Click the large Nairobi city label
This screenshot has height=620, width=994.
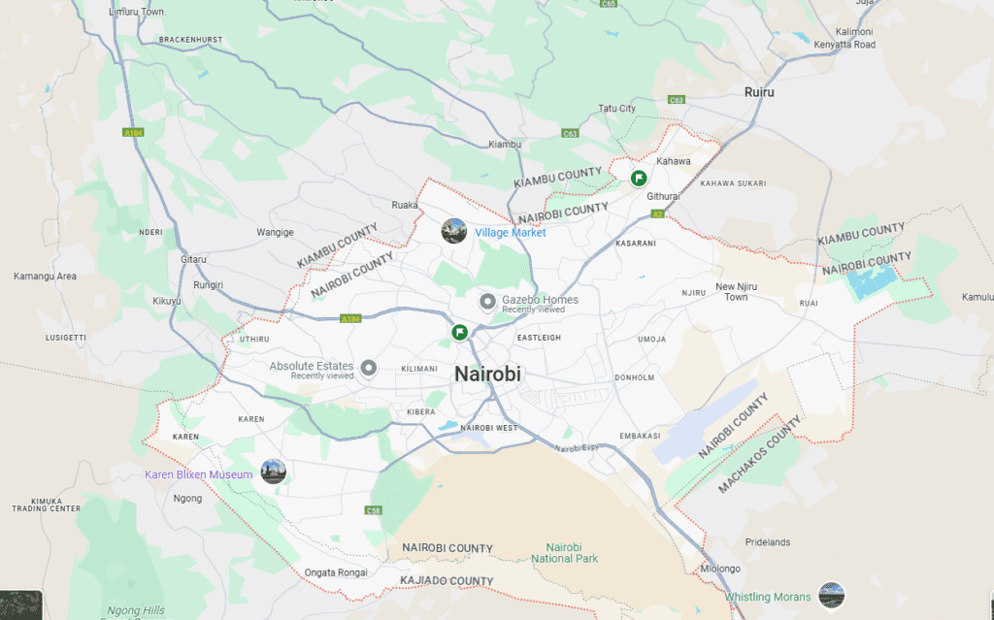coord(487,374)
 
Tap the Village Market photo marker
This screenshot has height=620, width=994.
coord(453,231)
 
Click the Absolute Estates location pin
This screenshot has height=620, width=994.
coord(368,368)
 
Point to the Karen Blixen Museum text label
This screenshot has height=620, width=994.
coord(198,474)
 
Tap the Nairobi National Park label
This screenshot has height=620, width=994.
coord(565,552)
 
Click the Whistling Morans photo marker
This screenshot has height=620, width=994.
coord(831,596)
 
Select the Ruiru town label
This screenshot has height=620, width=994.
coord(759,92)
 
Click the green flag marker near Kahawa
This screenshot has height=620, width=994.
coord(639,178)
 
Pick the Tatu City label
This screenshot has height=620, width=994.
coord(616,109)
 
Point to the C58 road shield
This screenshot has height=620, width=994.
coord(375,510)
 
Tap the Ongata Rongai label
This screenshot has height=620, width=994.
coord(336,571)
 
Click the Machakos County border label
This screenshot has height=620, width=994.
coord(760,456)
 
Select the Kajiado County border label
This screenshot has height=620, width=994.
coord(447,581)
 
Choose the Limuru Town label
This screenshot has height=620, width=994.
coord(138,12)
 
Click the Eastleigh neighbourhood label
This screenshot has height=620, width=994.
coord(539,338)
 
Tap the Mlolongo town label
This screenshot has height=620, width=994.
coord(720,569)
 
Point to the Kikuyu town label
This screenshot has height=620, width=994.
coord(167,301)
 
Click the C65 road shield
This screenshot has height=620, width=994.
coord(609,4)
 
